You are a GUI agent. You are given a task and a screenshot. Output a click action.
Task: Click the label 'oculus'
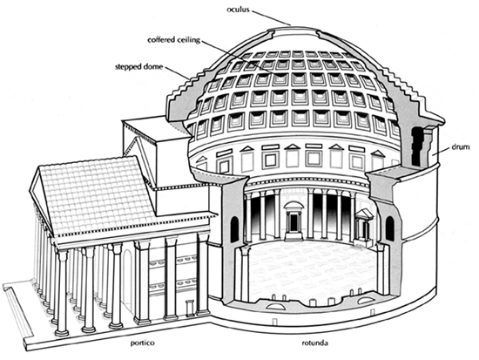(238, 10)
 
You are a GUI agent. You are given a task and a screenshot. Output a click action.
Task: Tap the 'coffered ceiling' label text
(173, 40)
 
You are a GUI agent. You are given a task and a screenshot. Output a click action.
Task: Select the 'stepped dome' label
(139, 66)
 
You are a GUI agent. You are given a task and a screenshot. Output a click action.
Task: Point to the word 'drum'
(461, 147)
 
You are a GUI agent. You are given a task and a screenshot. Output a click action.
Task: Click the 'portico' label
(143, 343)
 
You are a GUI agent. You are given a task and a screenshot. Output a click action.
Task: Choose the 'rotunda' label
(315, 343)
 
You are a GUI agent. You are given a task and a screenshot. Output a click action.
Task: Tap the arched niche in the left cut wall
(234, 229)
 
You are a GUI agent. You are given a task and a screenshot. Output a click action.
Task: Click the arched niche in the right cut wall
(390, 228)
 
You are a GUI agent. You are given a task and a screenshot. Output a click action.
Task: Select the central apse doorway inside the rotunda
(293, 221)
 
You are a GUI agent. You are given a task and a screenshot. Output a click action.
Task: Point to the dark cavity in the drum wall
(417, 146)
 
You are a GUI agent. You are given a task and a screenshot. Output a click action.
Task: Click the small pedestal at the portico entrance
(190, 308)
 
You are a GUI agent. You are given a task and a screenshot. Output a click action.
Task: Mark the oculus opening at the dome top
(293, 28)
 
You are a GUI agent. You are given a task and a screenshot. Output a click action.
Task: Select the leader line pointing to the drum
(442, 150)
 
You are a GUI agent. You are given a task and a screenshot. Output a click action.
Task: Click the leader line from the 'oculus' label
(271, 17)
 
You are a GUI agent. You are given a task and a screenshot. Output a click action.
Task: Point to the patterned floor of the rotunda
(312, 269)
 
